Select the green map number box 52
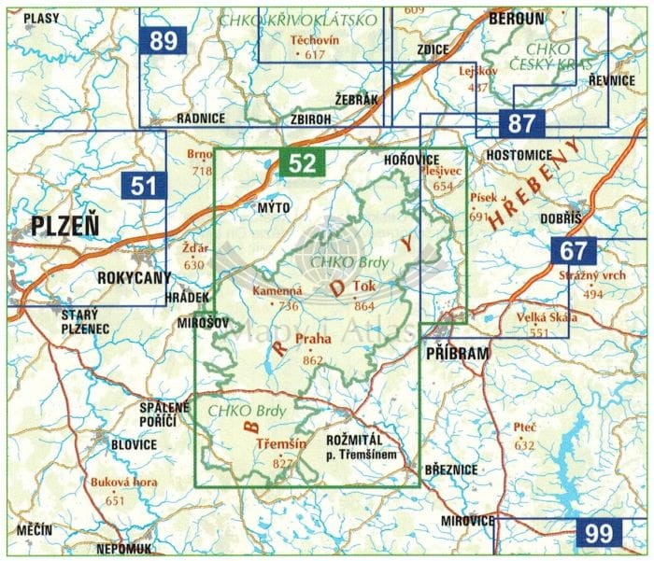point(302,163)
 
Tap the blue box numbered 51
point(144,186)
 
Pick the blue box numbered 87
point(521,122)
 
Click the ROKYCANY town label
point(131,278)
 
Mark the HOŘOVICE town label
point(412,161)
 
